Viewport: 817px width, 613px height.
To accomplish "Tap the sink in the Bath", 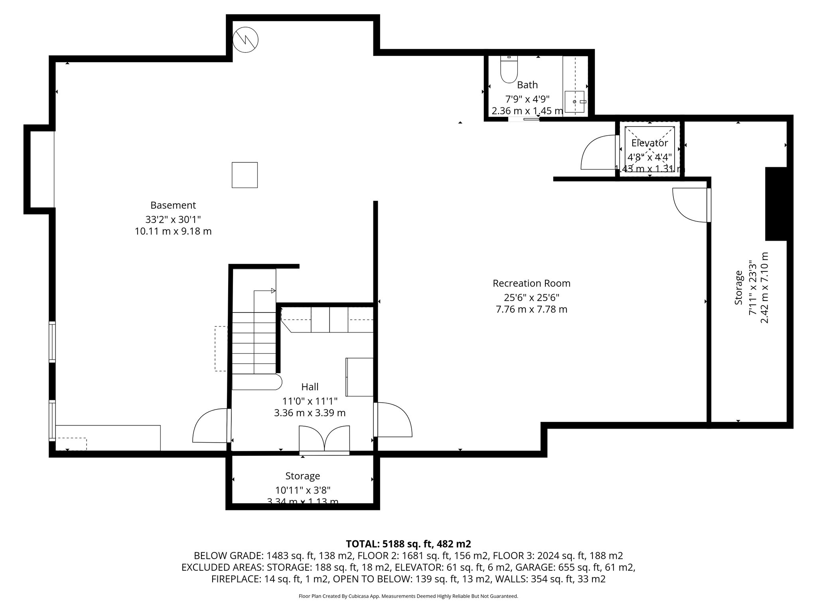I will click(574, 102).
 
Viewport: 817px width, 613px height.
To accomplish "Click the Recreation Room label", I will click(531, 283).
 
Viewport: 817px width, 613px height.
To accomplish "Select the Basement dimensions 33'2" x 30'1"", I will click(173, 219).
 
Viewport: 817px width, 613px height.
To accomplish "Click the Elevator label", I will click(649, 143).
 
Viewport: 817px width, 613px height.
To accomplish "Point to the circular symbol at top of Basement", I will click(245, 40).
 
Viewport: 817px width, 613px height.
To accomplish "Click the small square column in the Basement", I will click(245, 175).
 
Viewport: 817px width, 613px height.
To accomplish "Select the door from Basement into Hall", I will click(211, 426).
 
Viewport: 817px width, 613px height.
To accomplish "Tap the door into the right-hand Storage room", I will click(691, 205).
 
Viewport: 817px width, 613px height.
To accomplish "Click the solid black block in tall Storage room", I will click(776, 204).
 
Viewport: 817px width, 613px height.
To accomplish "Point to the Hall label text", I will click(310, 387).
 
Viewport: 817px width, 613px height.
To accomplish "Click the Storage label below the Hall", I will click(302, 476).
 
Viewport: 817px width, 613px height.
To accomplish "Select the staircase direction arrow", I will click(273, 291).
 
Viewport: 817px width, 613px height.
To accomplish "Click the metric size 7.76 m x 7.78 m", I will click(531, 309).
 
